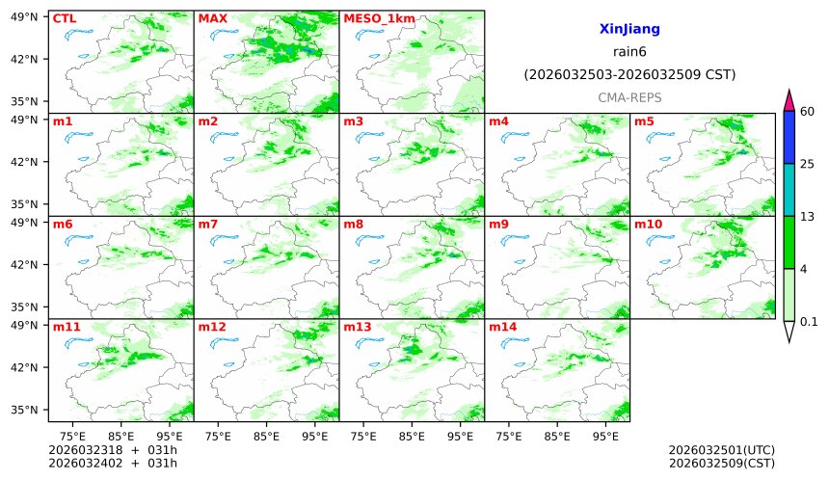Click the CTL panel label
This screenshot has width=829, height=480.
point(65,18)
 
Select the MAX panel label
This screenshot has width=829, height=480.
point(211,18)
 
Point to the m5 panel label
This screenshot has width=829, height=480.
point(644,121)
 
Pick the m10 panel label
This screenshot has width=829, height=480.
point(648,225)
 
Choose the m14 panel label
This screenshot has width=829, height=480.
point(503,327)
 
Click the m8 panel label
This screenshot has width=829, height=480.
point(354,225)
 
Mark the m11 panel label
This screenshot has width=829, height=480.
point(67,327)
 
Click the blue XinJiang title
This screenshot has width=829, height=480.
point(629,30)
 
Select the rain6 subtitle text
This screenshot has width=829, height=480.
point(629,52)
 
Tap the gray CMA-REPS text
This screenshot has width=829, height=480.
point(629,97)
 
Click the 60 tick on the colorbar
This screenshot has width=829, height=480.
point(808,112)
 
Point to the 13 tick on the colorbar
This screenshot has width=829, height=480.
point(808,216)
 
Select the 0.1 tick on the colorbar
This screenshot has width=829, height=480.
point(809,322)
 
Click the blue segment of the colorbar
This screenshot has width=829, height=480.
point(789,137)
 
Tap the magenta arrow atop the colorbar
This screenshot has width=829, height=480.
point(789,99)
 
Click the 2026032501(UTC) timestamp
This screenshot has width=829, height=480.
point(721,450)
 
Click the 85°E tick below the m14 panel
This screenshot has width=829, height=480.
point(557,435)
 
